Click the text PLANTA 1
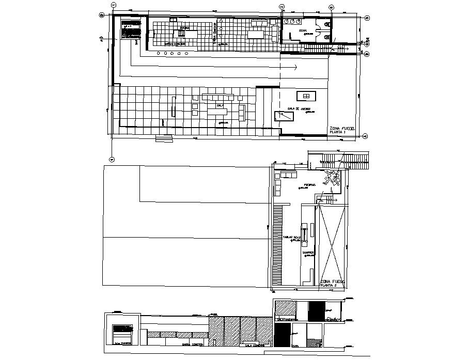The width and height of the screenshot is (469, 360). point(337,133)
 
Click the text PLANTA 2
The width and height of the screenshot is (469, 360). point(329,285)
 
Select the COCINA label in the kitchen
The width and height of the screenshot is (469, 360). point(185,27)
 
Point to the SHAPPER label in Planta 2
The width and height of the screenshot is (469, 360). point(308,253)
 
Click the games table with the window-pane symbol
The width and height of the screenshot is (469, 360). point(306,96)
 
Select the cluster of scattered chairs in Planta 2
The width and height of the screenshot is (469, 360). point(330,179)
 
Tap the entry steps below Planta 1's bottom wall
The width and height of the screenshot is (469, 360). point(165,137)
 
